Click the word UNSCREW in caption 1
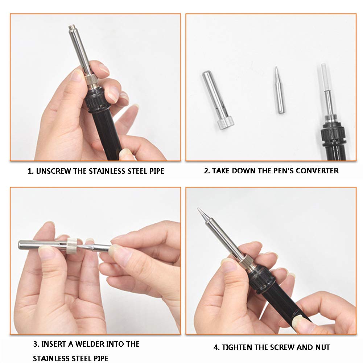point(53,171)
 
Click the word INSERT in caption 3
point(53,344)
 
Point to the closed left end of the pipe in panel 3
point(20,245)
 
